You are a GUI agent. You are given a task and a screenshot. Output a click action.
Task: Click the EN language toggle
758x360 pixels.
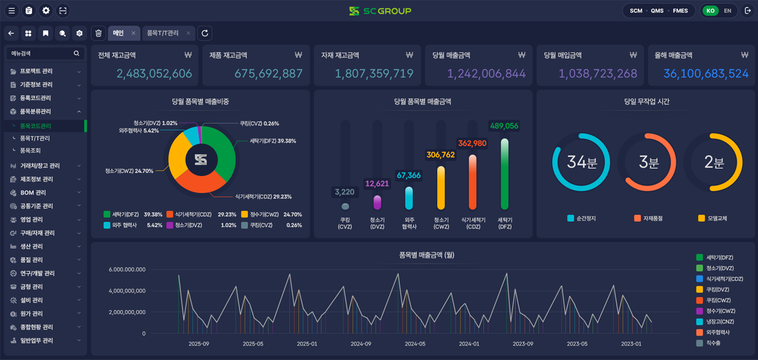[728, 11]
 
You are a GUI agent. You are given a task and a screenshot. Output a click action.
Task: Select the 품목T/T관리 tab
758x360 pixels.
[163, 33]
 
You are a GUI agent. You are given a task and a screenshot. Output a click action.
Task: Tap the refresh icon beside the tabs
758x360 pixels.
[205, 33]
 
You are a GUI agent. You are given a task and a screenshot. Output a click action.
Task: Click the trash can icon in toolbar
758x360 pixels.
[99, 33]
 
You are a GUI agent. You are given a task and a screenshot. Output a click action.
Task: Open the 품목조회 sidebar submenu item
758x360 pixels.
[30, 150]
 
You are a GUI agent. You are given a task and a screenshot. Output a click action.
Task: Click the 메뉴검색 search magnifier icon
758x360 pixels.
[77, 54]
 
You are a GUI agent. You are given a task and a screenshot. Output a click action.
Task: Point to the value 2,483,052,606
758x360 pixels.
[154, 74]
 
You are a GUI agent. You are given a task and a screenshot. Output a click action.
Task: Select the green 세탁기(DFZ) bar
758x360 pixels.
[504, 174]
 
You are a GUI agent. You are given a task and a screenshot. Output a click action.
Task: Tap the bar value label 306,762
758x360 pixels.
[441, 155]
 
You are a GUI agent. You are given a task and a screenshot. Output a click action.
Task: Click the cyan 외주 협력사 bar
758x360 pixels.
[409, 198]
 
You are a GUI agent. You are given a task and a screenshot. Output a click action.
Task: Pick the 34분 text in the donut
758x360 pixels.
[581, 163]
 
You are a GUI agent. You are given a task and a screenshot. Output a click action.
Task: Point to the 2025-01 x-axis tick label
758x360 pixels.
[307, 344]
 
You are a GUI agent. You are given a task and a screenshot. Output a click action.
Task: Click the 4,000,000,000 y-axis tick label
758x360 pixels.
[127, 291]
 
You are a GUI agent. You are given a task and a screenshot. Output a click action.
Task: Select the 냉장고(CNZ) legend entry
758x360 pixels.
[720, 322]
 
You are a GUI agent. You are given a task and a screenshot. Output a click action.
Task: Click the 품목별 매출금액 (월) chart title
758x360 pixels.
[426, 255]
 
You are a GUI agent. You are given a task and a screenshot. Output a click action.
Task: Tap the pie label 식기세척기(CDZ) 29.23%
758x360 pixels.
[263, 197]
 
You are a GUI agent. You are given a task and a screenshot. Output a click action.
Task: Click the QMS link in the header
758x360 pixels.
[657, 11]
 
